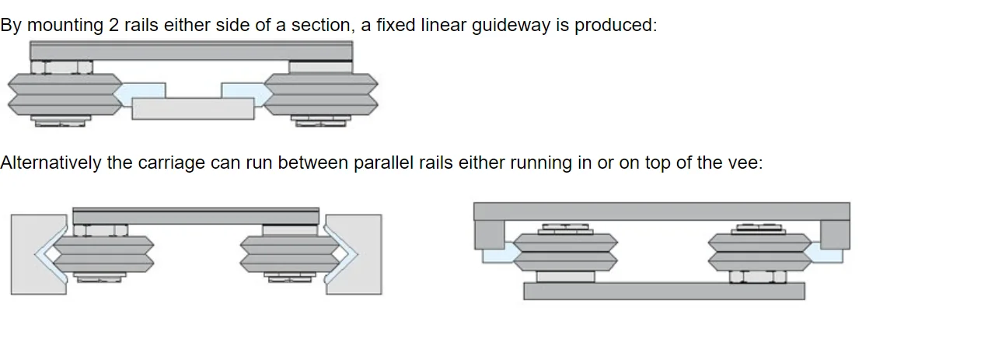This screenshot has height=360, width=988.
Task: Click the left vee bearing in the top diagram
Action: coord(64,94)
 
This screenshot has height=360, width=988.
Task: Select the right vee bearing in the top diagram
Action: coord(321,94)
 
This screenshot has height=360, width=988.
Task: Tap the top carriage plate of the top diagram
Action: coord(190,51)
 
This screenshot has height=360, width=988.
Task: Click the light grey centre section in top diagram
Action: coord(193,109)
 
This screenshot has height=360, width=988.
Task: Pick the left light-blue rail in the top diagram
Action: coord(134,93)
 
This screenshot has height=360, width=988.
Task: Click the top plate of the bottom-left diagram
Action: coord(195,215)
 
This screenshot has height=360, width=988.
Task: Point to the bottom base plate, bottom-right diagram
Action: coord(664,291)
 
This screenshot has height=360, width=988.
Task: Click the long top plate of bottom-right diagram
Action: coord(661,211)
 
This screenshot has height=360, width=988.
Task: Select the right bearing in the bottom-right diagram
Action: coord(759,252)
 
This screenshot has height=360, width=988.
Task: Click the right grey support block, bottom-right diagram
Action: coord(834,234)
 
